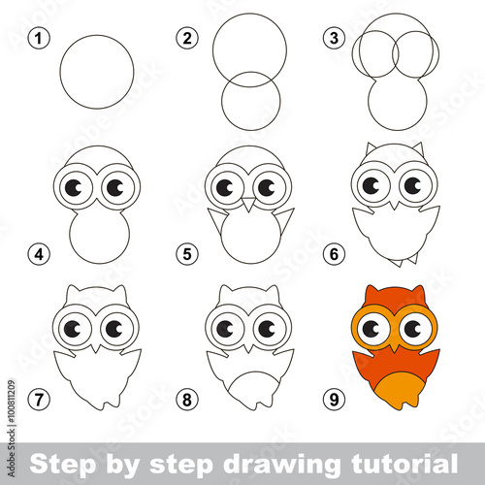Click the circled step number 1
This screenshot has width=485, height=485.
click(39, 39)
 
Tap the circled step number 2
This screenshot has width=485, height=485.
click(187, 39)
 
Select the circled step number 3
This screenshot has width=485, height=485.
click(334, 39)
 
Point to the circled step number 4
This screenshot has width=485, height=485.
click(39, 254)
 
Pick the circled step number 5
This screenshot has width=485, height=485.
click(187, 254)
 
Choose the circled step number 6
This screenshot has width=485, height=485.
click(334, 254)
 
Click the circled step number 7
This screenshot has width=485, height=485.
click(39, 400)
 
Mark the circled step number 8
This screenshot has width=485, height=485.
click(187, 400)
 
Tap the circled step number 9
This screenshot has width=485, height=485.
click(334, 400)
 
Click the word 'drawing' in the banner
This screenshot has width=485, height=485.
click(281, 465)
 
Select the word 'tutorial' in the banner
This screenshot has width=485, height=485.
click(404, 463)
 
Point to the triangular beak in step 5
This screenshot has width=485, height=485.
click(248, 204)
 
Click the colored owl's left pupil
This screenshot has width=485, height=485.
click(372, 329)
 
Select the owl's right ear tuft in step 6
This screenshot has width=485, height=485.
click(418, 148)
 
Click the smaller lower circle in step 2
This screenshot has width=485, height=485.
click(251, 101)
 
